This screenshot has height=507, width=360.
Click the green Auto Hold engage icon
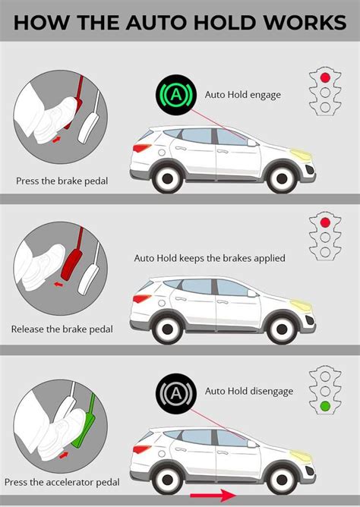[x=176, y=95]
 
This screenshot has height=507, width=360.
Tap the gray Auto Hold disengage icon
[x=176, y=393]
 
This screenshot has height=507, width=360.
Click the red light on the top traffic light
[x=325, y=77]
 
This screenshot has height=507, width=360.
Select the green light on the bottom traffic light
[x=325, y=406]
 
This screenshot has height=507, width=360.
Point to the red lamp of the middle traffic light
[x=325, y=222]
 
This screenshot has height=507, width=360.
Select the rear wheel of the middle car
[x=167, y=329]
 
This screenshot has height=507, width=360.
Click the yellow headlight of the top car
[x=302, y=154]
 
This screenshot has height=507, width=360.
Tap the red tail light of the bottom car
[x=142, y=449]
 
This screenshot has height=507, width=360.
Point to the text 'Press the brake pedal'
[x=62, y=181]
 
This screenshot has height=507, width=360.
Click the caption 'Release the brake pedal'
[x=62, y=329]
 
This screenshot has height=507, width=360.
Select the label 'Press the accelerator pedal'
[x=62, y=483]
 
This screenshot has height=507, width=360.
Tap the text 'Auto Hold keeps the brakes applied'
[x=210, y=258]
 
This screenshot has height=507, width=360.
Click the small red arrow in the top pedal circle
[x=56, y=140]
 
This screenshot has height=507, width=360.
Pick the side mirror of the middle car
[x=252, y=293]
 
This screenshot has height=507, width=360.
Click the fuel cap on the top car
[x=162, y=153]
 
